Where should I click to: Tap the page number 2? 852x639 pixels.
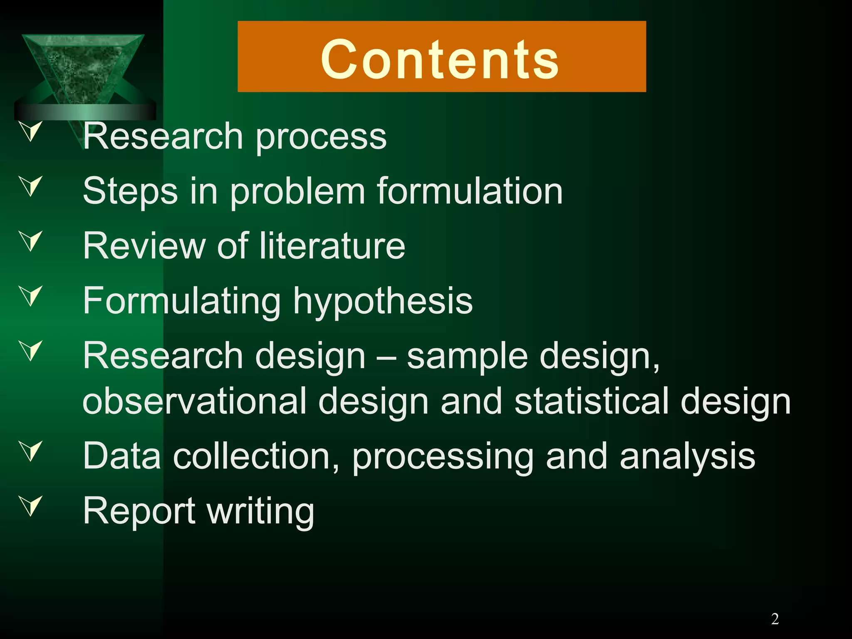775,619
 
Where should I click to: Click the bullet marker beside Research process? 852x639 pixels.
31,131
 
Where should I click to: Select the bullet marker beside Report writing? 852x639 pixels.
31,505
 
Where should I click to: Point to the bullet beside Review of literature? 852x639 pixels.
31,241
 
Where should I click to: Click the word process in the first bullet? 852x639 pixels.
321,137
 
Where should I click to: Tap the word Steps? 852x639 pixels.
130,191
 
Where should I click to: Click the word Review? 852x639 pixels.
144,246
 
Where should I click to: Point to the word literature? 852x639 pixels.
332,246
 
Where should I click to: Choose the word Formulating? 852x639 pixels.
182,301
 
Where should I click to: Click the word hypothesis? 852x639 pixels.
383,301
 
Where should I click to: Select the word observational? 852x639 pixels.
194,401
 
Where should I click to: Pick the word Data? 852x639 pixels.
122,456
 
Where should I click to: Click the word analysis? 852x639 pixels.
687,457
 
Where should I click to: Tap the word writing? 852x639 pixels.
261,512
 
